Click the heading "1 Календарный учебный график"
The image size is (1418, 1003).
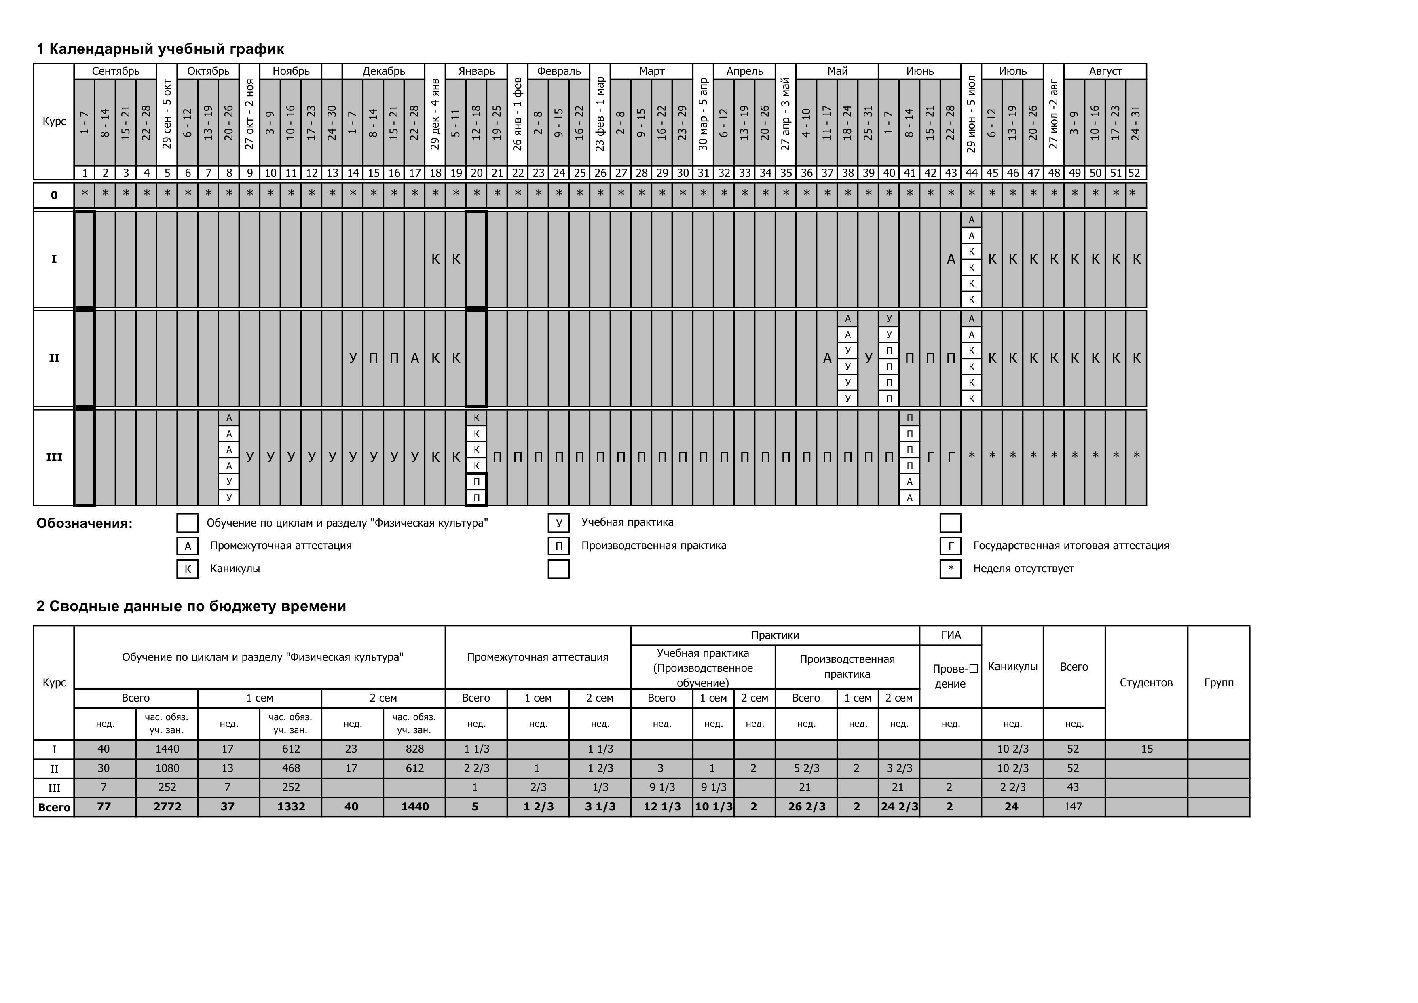tap(160, 49)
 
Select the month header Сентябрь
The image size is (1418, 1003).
tap(116, 71)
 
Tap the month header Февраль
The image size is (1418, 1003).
tap(558, 71)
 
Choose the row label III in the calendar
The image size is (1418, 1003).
tap(54, 457)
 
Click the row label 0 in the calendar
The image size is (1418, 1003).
tap(54, 195)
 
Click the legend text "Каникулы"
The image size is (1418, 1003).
tap(235, 569)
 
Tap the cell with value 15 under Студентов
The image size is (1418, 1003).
tap(1146, 749)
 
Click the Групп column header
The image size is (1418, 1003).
tap(1219, 682)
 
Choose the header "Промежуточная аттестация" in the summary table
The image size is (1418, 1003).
tap(537, 657)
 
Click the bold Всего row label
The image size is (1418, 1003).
tap(54, 807)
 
